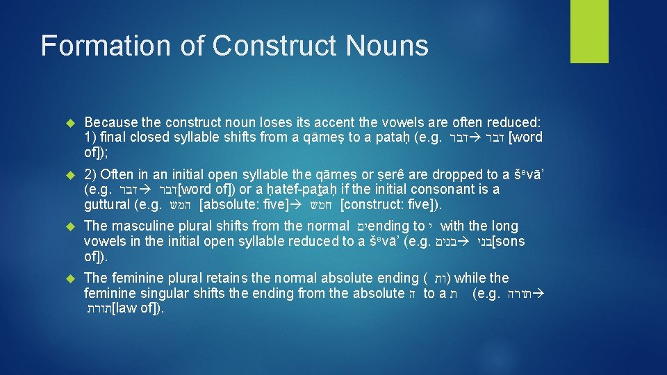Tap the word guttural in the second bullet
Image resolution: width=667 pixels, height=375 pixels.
pos(105,205)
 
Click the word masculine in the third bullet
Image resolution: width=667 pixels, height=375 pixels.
pos(140,226)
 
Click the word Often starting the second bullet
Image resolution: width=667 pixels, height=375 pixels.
pos(117,174)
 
